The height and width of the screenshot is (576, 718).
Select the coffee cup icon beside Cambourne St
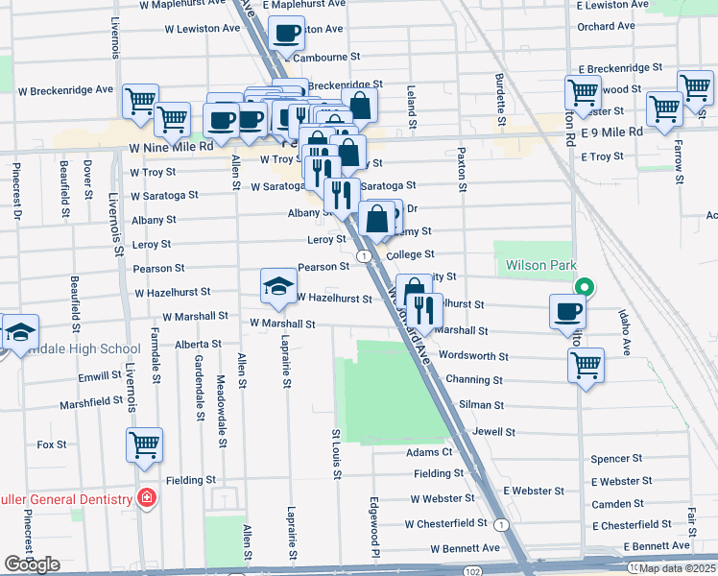click(x=285, y=36)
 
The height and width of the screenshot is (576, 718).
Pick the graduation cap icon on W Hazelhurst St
click(x=278, y=285)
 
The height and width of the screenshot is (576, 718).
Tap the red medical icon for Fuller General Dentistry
click(x=145, y=498)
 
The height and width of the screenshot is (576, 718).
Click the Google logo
click(x=31, y=564)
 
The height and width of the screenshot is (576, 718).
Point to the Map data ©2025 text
click(x=676, y=568)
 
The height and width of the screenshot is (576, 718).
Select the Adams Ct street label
click(x=428, y=452)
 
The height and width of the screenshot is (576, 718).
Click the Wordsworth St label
click(x=473, y=356)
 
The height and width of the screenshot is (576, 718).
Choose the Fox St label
click(x=51, y=444)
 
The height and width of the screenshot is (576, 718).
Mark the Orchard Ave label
click(x=609, y=26)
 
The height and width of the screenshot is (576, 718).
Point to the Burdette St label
click(x=500, y=101)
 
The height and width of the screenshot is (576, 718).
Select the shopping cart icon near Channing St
click(x=586, y=365)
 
